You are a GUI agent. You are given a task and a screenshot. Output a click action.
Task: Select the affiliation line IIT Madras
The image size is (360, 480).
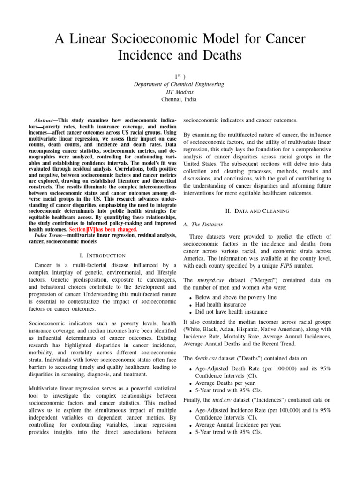180,92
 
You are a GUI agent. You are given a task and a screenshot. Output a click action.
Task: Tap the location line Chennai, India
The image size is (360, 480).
180,99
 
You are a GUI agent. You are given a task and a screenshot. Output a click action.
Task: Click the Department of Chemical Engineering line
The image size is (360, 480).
180,84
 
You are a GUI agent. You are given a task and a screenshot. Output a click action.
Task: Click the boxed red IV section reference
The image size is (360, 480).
97,230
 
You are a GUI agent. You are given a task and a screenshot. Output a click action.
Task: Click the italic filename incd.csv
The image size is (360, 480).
221,400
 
